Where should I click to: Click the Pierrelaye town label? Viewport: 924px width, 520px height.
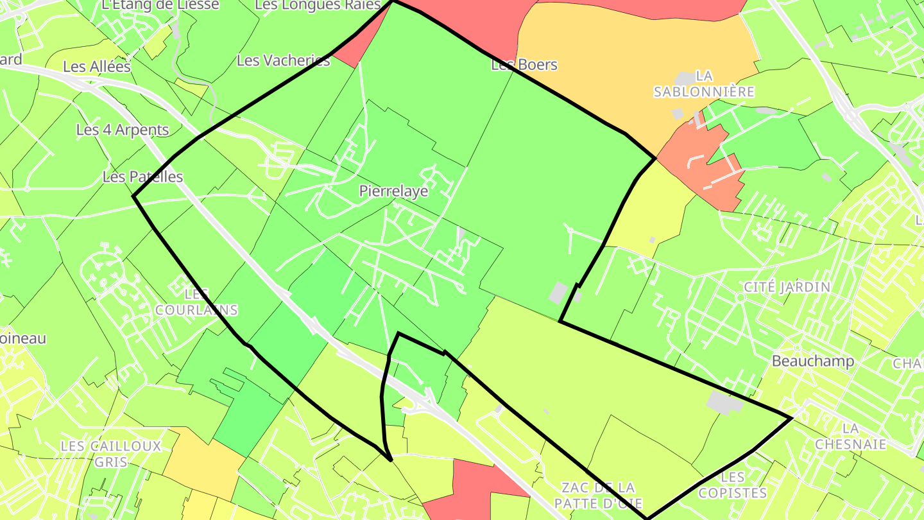click(x=393, y=191)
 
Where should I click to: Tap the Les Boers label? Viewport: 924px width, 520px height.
click(x=524, y=65)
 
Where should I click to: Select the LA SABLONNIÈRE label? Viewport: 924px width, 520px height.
click(x=704, y=84)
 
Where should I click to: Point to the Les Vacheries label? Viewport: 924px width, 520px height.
click(x=284, y=60)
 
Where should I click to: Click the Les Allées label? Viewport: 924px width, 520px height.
click(x=97, y=67)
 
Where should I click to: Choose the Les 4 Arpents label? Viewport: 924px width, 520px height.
click(x=123, y=130)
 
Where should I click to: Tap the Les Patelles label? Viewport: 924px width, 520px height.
click(x=142, y=177)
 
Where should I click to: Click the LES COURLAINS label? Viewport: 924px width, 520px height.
click(x=196, y=302)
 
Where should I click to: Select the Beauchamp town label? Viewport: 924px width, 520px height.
click(x=813, y=361)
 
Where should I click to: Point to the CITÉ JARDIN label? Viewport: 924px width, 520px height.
click(x=787, y=287)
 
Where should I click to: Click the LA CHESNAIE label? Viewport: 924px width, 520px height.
click(x=851, y=436)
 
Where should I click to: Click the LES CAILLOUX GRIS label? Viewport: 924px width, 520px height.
click(x=110, y=453)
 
